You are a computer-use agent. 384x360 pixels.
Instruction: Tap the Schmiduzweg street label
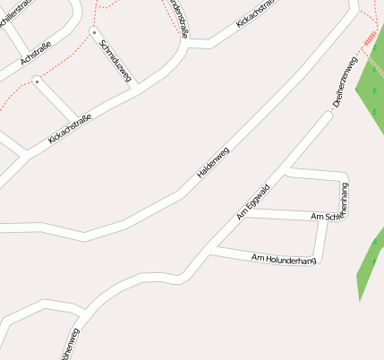115,61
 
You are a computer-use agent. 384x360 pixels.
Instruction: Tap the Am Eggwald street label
253,201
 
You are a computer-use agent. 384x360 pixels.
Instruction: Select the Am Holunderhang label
284,260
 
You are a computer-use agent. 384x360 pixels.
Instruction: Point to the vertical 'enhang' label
345,197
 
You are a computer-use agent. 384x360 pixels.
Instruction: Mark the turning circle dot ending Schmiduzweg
93,32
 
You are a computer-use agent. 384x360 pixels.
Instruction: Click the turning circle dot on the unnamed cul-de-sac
37,81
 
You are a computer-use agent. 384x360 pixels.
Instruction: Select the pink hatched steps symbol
369,38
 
